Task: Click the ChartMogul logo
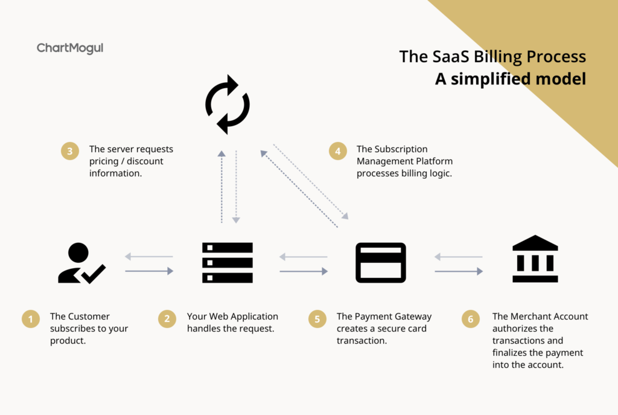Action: point(70,48)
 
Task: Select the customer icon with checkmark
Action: point(81,263)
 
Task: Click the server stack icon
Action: point(228,263)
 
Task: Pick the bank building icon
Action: point(535,259)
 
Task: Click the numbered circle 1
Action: point(31,319)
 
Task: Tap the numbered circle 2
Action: point(167,319)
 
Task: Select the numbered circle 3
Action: point(70,151)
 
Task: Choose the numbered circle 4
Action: point(338,151)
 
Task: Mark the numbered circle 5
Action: point(317,319)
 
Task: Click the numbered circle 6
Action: point(471,319)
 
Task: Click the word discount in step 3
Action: point(145,161)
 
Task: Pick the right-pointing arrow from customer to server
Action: point(150,271)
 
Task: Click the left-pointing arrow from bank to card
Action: point(459,257)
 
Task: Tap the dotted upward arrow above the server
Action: point(222,187)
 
